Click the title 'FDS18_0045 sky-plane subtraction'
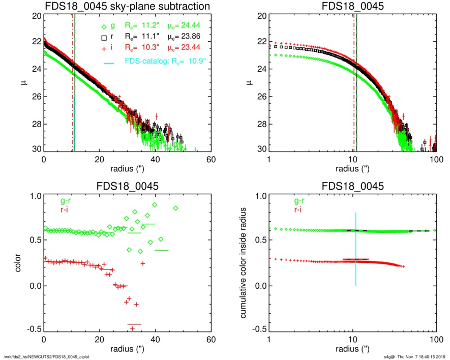[x=127, y=7]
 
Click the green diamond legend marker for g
[x=104, y=27]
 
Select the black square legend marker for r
[x=104, y=38]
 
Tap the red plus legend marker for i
[x=104, y=48]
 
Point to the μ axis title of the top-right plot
[x=249, y=83]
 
